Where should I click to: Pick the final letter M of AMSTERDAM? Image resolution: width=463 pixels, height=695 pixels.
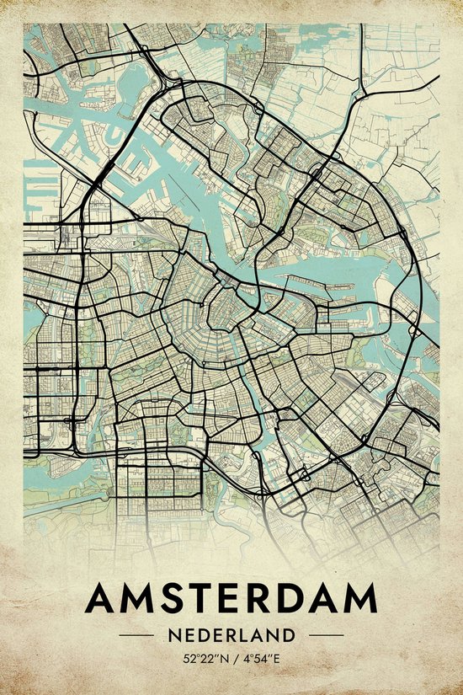click(x=360, y=599)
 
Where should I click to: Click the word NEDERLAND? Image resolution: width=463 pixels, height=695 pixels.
click(x=231, y=634)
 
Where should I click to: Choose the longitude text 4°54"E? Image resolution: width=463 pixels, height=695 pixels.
click(x=262, y=657)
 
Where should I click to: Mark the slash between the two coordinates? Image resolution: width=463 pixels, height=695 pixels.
click(x=231, y=657)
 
